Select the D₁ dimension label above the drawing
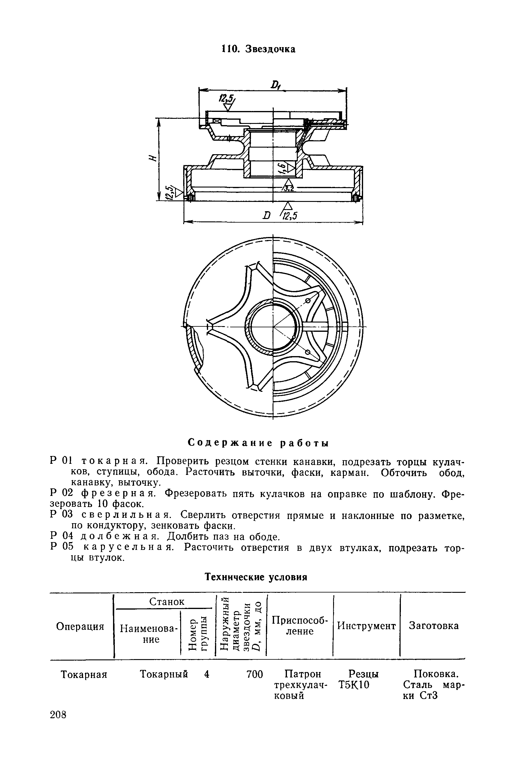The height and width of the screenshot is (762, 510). (277, 85)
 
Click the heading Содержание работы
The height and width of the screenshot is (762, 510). (258, 443)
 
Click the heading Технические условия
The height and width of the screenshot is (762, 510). (256, 577)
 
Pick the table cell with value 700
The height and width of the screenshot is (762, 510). (255, 674)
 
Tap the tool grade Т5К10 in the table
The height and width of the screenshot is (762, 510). (354, 685)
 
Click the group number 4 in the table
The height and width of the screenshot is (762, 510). (207, 674)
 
